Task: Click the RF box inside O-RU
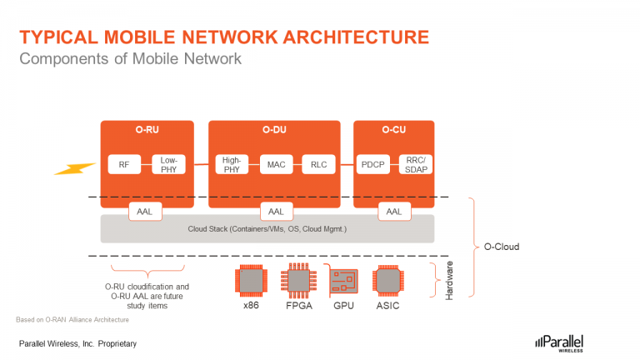(x=124, y=164)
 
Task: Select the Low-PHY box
(x=168, y=164)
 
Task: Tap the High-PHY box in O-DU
(x=231, y=164)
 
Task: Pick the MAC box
(x=275, y=164)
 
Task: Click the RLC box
(x=318, y=164)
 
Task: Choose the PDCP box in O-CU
(x=372, y=164)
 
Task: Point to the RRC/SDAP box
(x=414, y=164)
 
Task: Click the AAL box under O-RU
(x=146, y=212)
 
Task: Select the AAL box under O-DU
(x=275, y=212)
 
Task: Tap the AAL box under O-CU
(x=393, y=212)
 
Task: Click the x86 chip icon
(x=252, y=281)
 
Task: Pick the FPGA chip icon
(x=297, y=281)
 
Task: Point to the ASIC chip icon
(x=387, y=281)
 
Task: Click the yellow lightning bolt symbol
(x=75, y=167)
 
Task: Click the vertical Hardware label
(x=449, y=281)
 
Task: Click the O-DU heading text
(x=275, y=130)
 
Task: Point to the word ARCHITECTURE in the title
(x=350, y=37)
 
